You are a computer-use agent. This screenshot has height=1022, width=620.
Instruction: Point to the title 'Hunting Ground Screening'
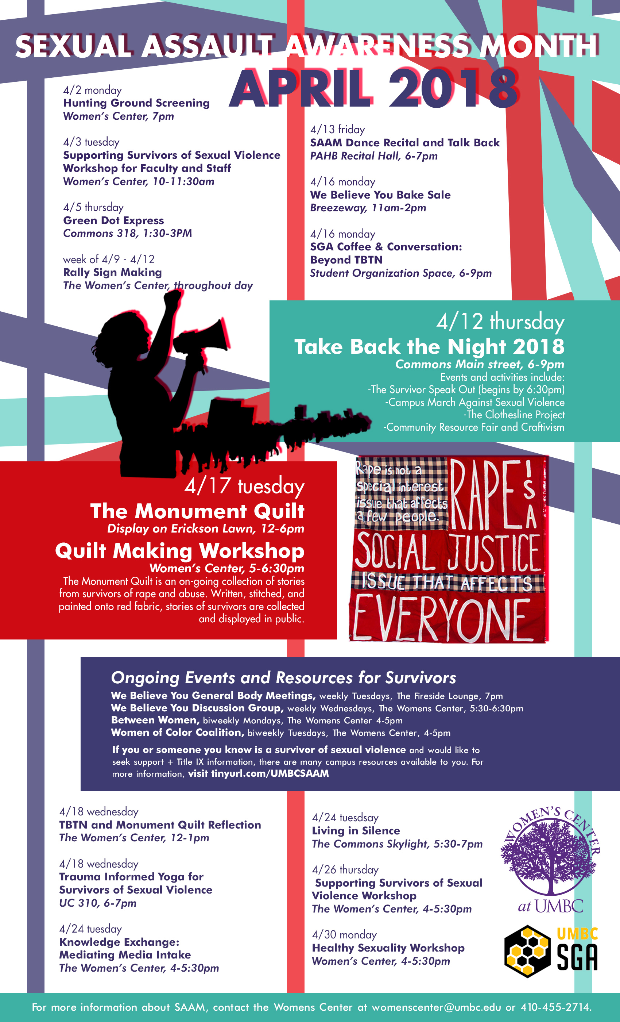pos(136,103)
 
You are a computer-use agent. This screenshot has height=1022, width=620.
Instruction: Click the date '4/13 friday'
pos(337,130)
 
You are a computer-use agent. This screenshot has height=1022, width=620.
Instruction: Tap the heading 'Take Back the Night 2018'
pos(429,346)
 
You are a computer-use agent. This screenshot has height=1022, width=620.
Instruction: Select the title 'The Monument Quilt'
pos(197,511)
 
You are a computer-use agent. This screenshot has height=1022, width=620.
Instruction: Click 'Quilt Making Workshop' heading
pos(180,551)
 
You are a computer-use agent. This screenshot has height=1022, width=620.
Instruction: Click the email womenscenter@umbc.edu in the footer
pos(436,1007)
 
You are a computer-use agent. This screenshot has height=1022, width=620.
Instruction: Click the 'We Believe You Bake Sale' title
pos(380,195)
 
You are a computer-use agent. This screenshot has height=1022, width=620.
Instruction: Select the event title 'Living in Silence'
pos(356,830)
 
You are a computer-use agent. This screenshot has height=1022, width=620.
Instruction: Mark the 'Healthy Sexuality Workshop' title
pos(388,948)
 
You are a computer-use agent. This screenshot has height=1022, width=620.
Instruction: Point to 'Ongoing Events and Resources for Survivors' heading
pos(283,678)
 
